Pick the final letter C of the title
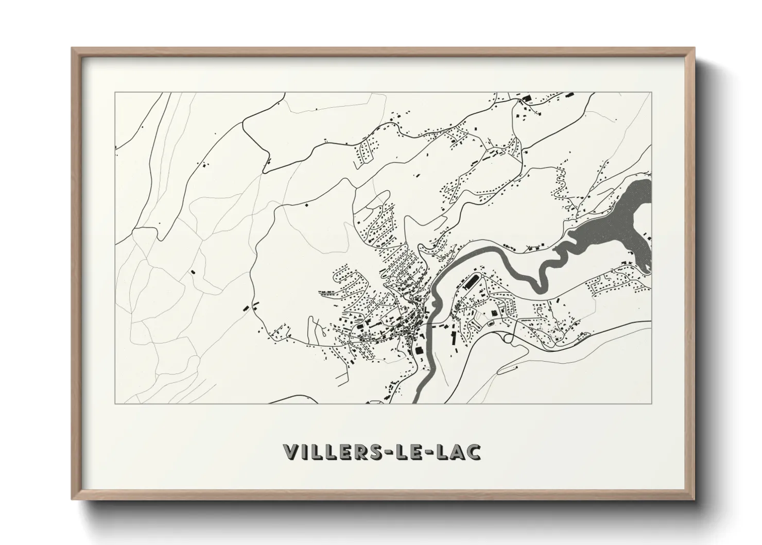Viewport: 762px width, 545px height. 474,452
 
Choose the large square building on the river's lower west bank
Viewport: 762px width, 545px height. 419,350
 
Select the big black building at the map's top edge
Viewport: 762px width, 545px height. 526,98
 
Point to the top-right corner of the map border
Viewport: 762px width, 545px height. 651,92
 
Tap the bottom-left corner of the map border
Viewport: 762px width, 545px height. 115,403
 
